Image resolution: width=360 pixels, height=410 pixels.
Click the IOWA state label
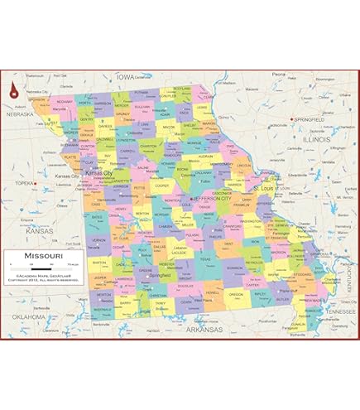pos(125,76)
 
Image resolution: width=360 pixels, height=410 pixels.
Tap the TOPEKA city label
pos(24,181)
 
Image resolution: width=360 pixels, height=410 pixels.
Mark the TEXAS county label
pos(205,259)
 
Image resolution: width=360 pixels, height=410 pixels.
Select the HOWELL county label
pos(214,292)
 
